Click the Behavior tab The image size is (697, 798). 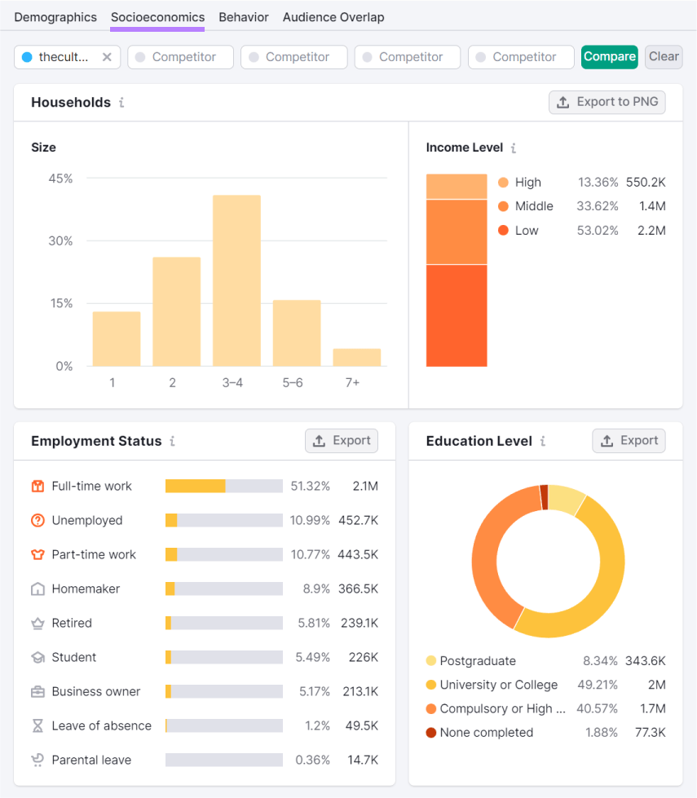(x=243, y=17)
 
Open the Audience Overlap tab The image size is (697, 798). (x=333, y=17)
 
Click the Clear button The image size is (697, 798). (x=664, y=57)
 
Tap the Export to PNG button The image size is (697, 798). (x=607, y=102)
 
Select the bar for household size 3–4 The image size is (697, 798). (x=236, y=281)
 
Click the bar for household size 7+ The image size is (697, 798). (x=357, y=357)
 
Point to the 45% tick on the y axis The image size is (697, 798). (x=61, y=179)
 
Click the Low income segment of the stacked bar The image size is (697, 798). (x=457, y=315)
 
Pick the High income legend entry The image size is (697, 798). (x=527, y=183)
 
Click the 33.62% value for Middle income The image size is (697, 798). (x=598, y=206)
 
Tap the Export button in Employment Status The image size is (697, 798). (x=342, y=441)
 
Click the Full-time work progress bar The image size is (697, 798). (x=223, y=487)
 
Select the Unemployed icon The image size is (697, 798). (x=37, y=521)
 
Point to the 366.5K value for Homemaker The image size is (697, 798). (x=359, y=589)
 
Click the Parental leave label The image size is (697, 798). (x=91, y=761)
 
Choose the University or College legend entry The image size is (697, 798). (x=498, y=685)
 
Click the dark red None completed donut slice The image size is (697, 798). (x=544, y=497)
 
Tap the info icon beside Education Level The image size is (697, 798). (x=543, y=441)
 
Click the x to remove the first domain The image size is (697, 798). (x=107, y=57)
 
